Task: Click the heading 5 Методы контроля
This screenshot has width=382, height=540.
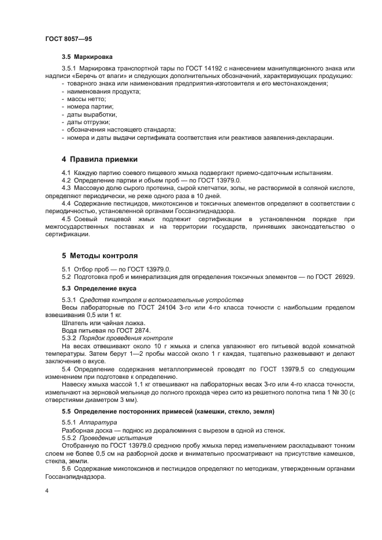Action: click(99, 255)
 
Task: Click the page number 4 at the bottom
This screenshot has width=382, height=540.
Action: click(46, 491)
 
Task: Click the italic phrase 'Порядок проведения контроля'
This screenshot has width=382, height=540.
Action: click(133, 337)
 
